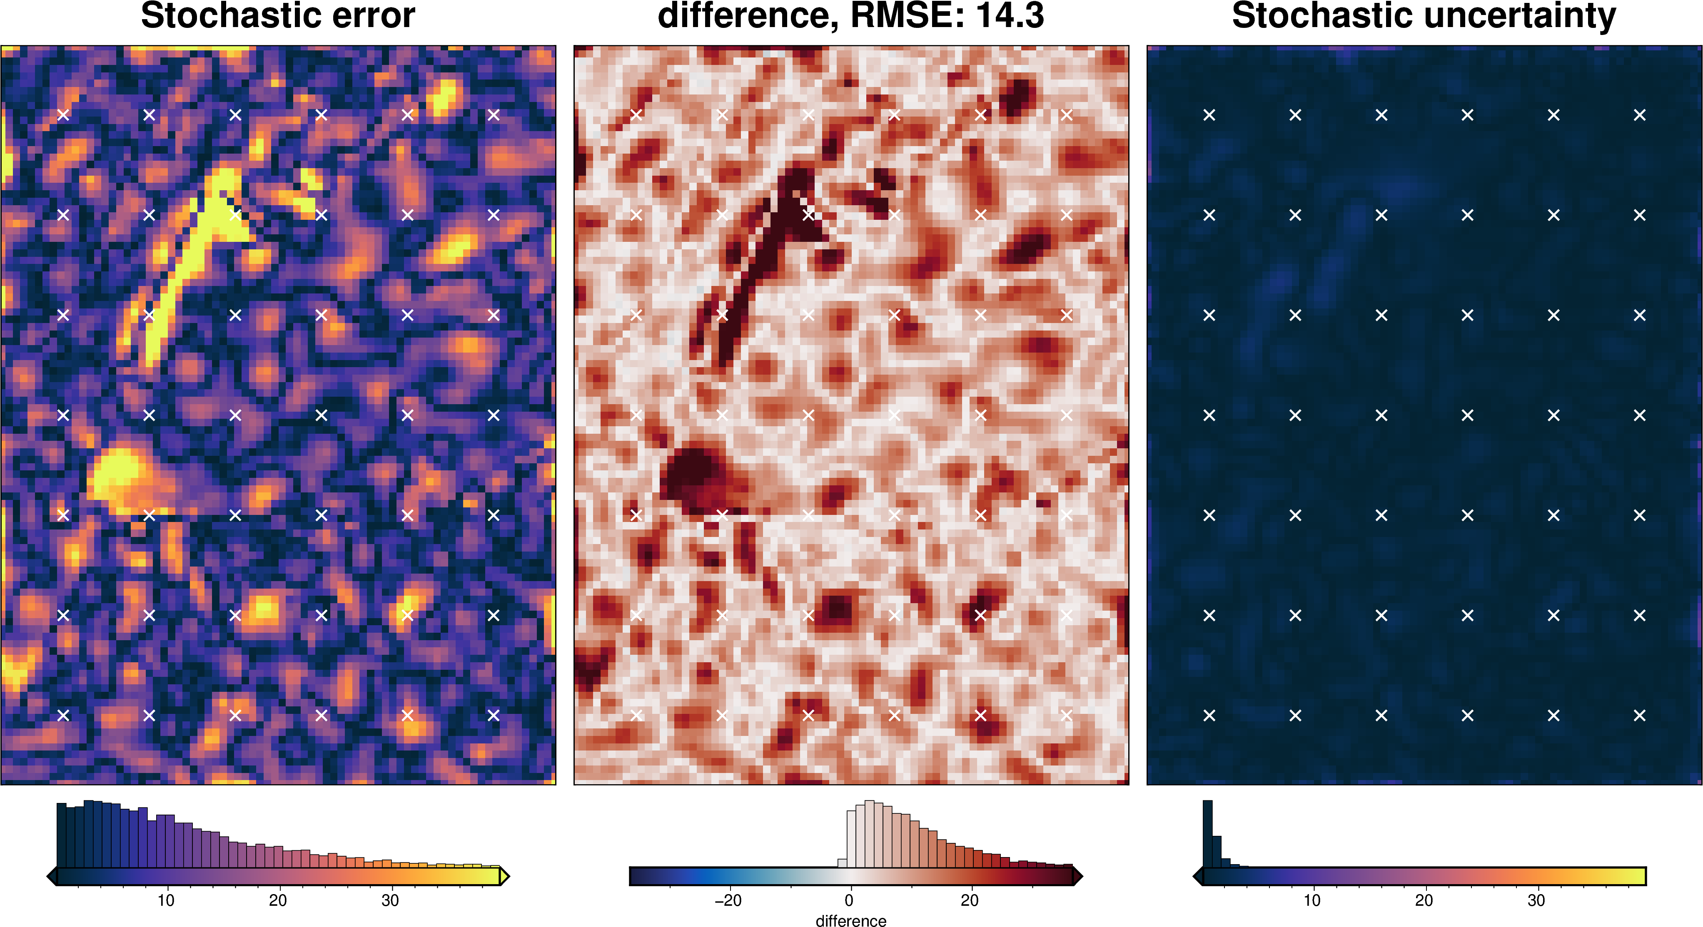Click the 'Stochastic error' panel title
tap(278, 16)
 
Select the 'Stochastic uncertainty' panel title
tap(1424, 16)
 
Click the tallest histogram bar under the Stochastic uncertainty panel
tap(1207, 834)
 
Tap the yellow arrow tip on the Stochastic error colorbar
tap(505, 877)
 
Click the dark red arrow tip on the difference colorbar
tap(1077, 877)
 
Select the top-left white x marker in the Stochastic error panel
tap(63, 115)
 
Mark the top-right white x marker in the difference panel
tap(1066, 115)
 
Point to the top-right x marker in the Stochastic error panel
tap(493, 115)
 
